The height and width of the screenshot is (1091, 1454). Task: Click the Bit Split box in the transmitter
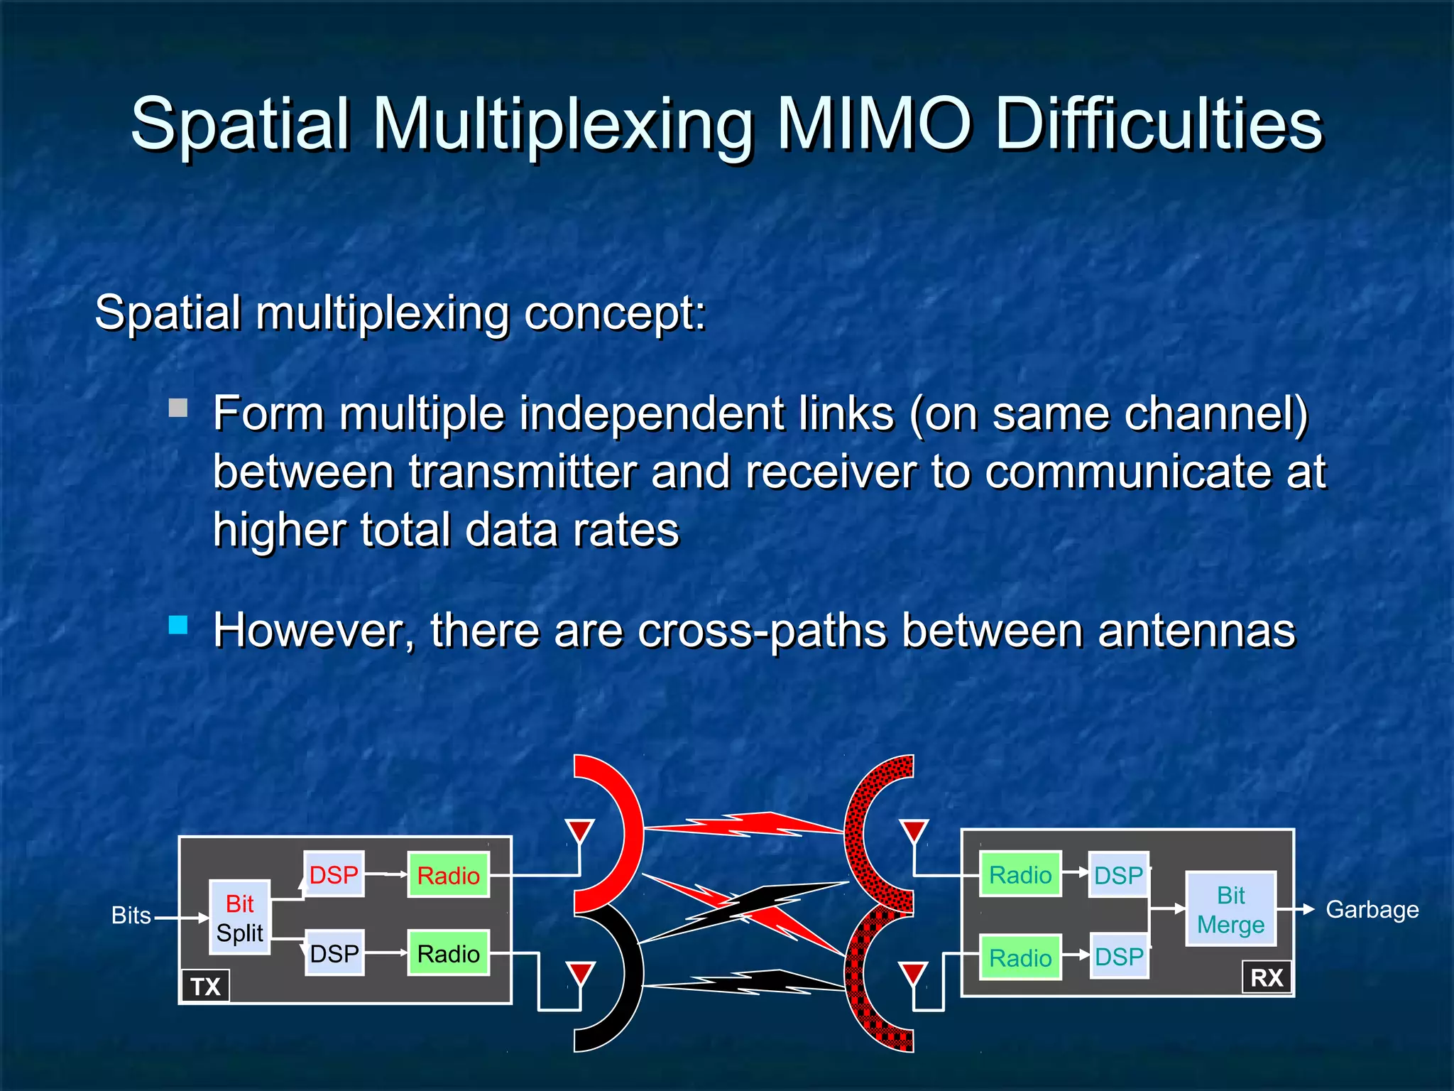click(239, 918)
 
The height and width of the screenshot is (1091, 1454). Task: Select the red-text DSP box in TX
click(334, 874)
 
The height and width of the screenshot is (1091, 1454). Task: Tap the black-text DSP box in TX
click(334, 952)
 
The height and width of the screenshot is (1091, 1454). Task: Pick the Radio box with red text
click(448, 875)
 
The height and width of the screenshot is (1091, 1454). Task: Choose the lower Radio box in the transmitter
click(448, 953)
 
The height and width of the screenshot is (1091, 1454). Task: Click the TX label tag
click(205, 986)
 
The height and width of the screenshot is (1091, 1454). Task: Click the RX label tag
click(1267, 977)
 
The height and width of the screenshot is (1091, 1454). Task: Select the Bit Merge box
click(1230, 909)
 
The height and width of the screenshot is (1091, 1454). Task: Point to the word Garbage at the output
click(1372, 909)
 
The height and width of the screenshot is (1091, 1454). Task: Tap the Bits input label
click(131, 916)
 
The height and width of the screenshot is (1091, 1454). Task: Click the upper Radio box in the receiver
click(1020, 874)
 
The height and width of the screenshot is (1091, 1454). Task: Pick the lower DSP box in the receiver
click(1119, 957)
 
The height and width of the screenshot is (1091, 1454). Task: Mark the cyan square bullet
click(178, 625)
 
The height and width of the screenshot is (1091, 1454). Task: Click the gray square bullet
click(178, 408)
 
